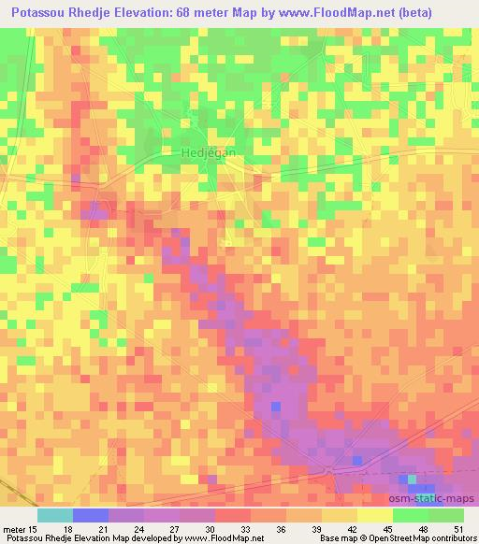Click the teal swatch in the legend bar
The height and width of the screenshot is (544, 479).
(x=54, y=515)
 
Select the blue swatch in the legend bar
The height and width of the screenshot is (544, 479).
(x=90, y=515)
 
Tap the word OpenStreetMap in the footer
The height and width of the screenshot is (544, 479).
(x=394, y=537)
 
